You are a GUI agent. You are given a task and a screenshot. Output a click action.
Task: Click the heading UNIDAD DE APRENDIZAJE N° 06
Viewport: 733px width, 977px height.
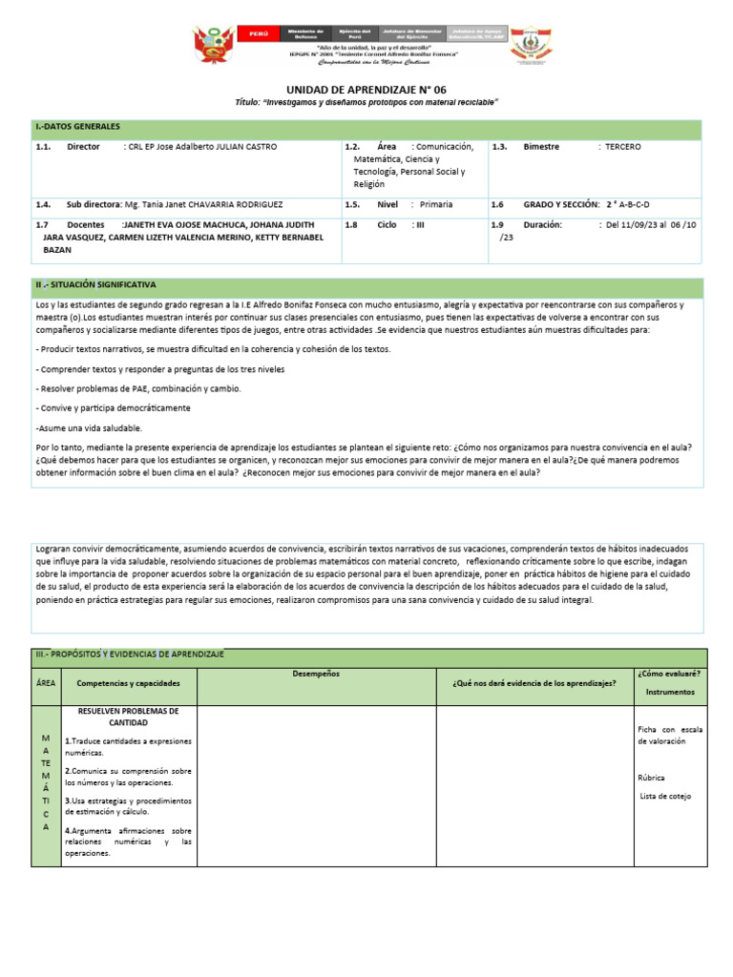pyautogui.click(x=366, y=88)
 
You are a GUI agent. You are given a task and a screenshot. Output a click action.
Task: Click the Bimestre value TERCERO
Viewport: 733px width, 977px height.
pyautogui.click(x=623, y=148)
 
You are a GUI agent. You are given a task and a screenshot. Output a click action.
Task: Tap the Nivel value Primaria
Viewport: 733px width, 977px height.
pyautogui.click(x=435, y=204)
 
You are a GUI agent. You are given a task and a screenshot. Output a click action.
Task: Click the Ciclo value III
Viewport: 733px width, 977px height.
pyautogui.click(x=419, y=225)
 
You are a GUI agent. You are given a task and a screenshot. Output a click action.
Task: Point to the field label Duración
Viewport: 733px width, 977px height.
pyautogui.click(x=543, y=225)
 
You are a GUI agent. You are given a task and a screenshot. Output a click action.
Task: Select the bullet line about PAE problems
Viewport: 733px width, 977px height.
pyautogui.click(x=138, y=388)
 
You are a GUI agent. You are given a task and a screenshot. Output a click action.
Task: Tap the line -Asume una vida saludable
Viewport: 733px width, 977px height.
pyautogui.click(x=89, y=427)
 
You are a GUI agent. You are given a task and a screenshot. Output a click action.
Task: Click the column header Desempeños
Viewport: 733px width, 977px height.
pyautogui.click(x=316, y=674)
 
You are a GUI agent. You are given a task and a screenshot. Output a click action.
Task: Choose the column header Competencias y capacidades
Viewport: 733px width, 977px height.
pyautogui.click(x=128, y=683)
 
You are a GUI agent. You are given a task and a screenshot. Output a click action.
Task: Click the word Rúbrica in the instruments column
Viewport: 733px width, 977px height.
pyautogui.click(x=652, y=777)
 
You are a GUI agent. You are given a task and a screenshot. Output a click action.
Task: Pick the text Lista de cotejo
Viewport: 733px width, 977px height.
pyautogui.click(x=665, y=796)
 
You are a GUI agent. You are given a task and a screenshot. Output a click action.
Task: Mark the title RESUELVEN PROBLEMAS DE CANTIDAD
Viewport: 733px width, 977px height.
pyautogui.click(x=128, y=717)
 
